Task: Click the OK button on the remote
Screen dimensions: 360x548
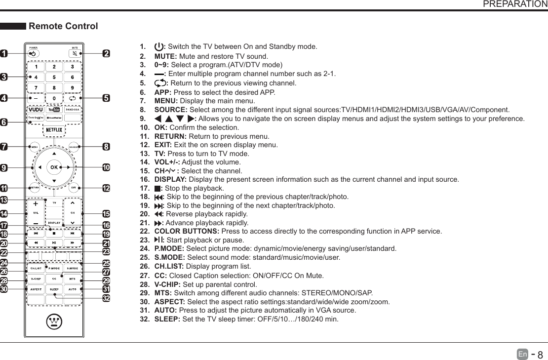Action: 54,167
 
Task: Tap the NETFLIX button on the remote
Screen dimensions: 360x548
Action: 54,129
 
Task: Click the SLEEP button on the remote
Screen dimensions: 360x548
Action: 54,288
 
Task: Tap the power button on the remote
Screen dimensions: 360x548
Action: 33,53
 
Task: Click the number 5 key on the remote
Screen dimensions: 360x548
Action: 54,77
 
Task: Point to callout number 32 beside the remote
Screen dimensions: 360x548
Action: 106,298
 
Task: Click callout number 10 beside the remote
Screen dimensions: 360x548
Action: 106,168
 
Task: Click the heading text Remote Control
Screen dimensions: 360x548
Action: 64,26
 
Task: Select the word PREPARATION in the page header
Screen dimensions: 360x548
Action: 514,4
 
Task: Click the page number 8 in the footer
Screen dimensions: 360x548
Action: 540,355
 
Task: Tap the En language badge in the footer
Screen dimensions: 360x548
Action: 522,354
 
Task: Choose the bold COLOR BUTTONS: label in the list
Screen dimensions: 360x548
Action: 187,231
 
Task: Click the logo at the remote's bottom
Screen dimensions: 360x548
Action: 54,322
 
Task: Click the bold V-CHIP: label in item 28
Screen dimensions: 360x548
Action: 167,284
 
